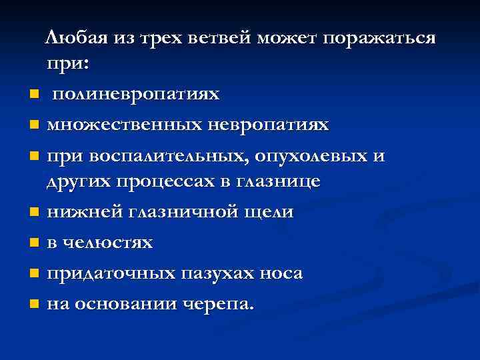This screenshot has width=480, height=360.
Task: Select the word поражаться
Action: [x=379, y=38]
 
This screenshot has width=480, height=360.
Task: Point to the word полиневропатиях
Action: [x=135, y=94]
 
